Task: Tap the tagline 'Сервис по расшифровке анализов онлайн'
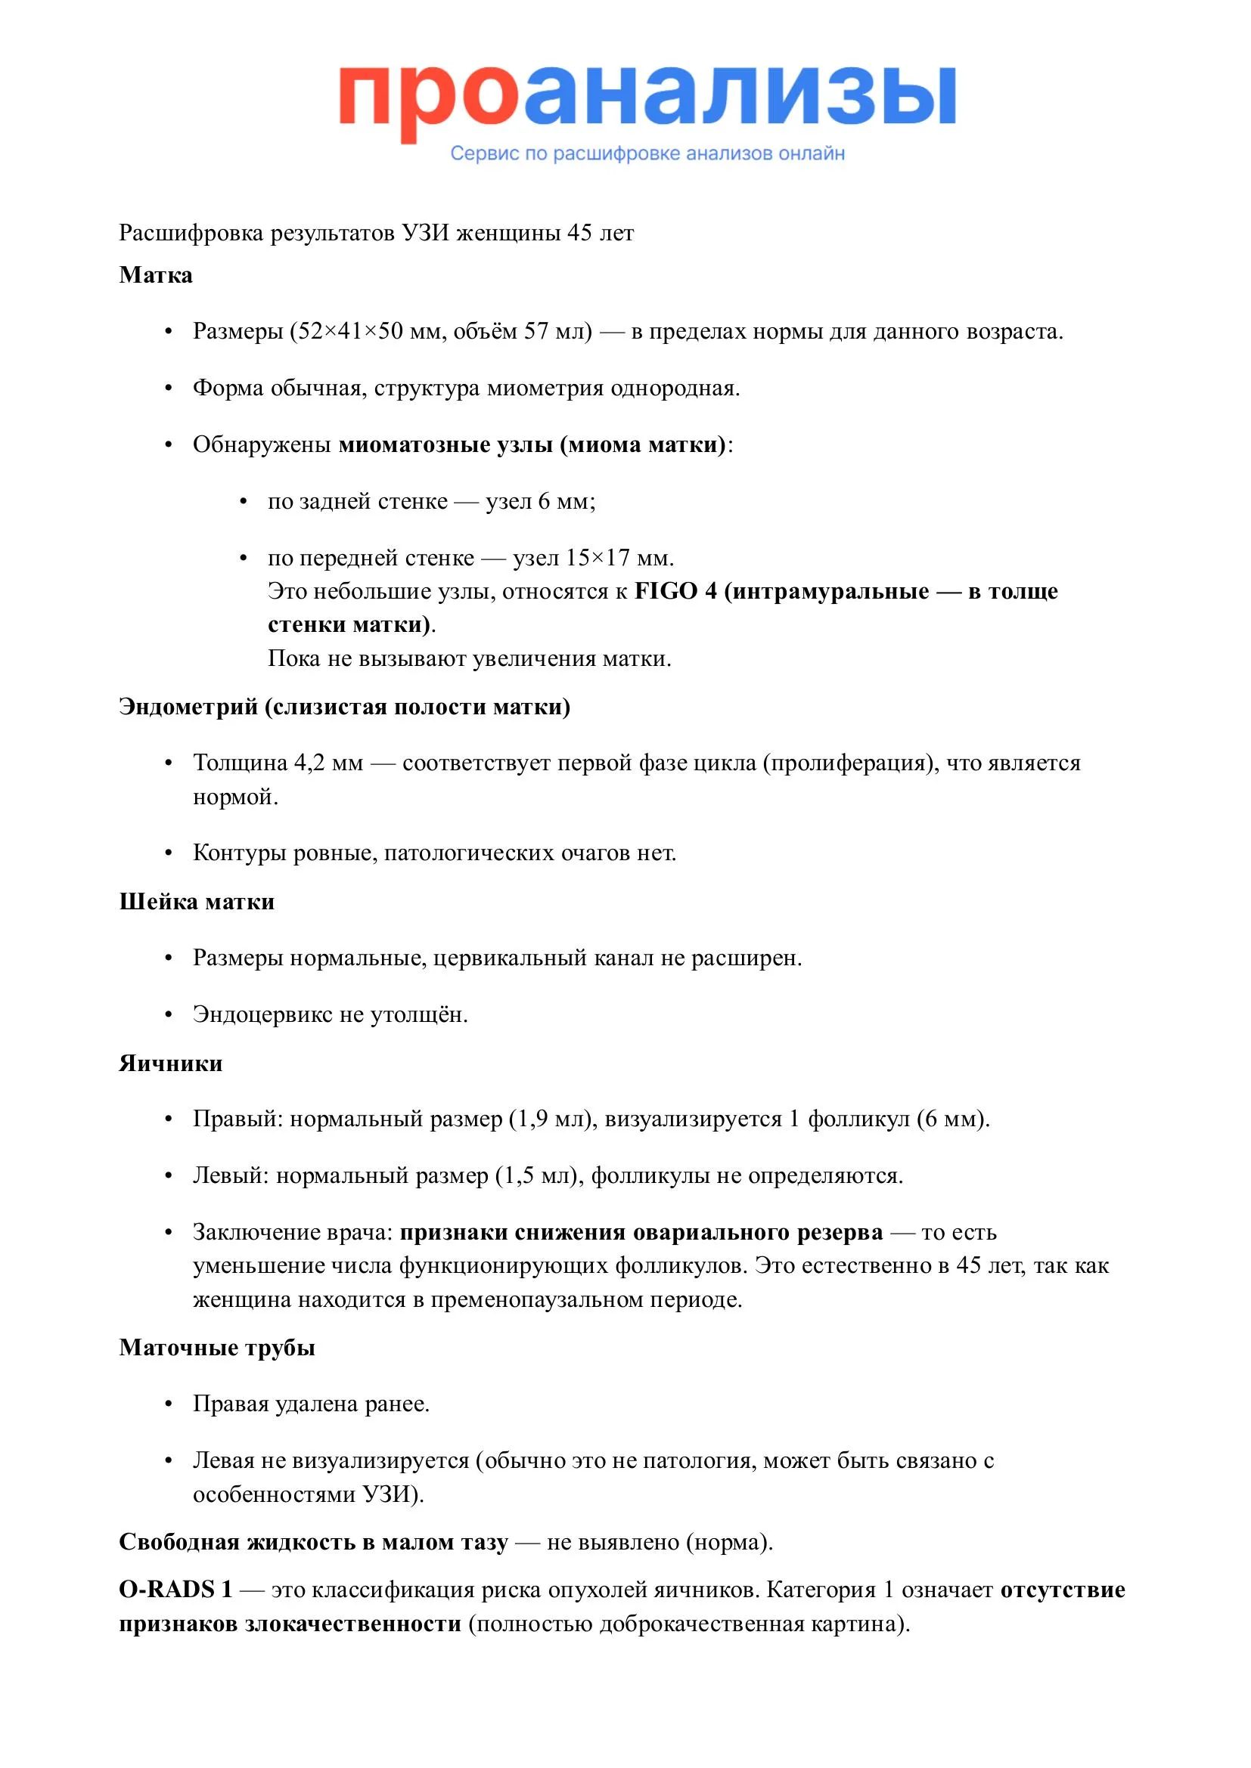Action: click(647, 153)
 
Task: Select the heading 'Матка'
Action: click(156, 275)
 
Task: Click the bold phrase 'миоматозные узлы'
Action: click(445, 445)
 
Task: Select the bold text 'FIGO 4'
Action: click(675, 591)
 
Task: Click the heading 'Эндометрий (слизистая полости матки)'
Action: click(344, 707)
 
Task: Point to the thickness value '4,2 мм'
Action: click(328, 763)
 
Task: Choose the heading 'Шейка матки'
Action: click(197, 902)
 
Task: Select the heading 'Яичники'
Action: click(170, 1064)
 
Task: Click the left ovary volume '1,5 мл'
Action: click(535, 1176)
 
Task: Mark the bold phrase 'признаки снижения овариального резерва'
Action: click(641, 1232)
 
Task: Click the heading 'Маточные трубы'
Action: click(216, 1348)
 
